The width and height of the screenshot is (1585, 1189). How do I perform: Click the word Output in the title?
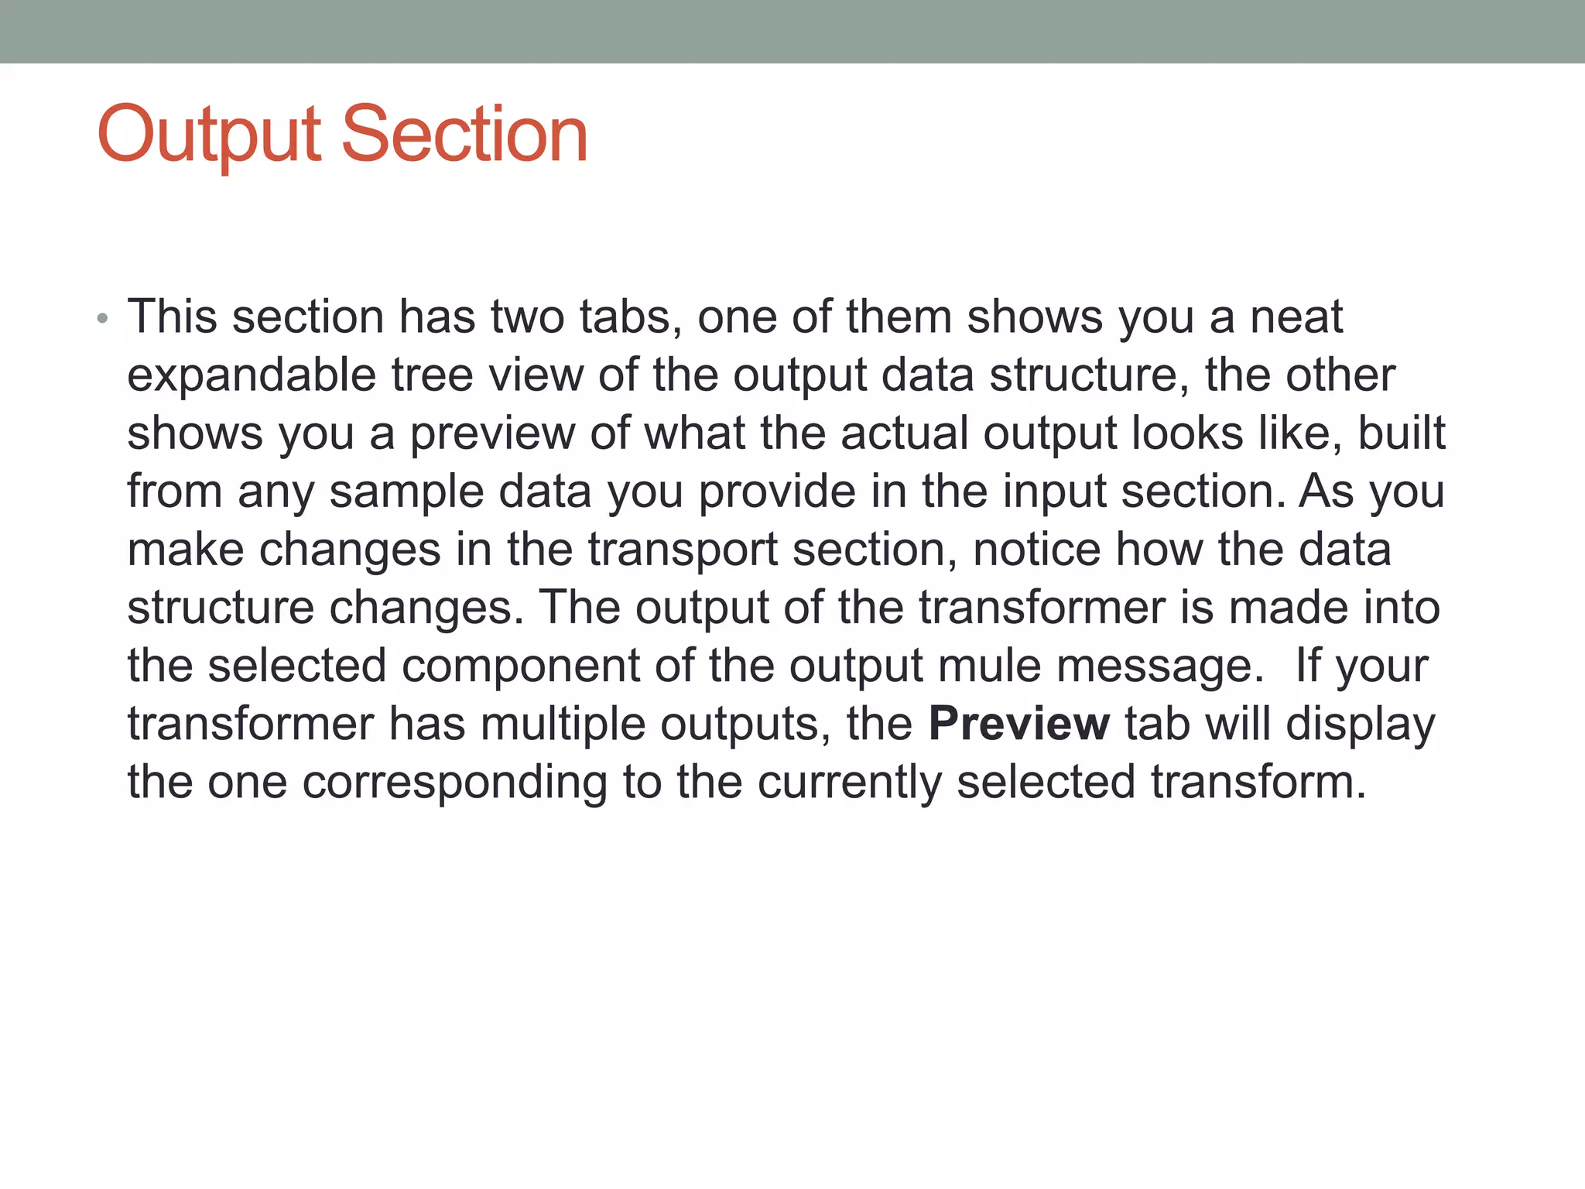[209, 135]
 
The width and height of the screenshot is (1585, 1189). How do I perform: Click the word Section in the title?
[464, 135]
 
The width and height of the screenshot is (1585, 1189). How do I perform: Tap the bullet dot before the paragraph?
[103, 319]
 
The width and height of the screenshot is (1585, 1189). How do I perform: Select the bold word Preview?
[1018, 725]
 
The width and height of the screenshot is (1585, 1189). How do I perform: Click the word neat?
[1297, 317]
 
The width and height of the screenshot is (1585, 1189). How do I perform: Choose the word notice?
[1036, 550]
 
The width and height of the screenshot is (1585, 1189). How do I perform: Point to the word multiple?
[566, 725]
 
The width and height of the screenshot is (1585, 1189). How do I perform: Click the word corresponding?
[454, 783]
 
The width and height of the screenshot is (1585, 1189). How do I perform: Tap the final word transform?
[1258, 783]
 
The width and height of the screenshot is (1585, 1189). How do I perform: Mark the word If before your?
[1309, 666]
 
